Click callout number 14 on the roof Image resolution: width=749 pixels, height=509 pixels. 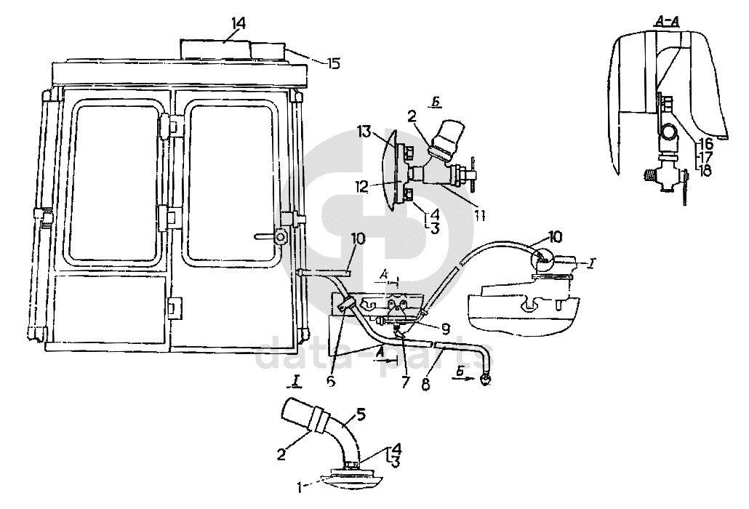(x=237, y=24)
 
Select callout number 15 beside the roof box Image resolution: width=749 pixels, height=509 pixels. (x=333, y=63)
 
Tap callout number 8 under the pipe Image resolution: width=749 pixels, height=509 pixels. (x=426, y=384)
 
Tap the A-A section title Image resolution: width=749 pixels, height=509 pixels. (x=667, y=21)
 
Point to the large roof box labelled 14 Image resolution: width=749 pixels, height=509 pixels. (x=215, y=51)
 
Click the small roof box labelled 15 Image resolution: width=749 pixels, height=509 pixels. (x=267, y=52)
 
